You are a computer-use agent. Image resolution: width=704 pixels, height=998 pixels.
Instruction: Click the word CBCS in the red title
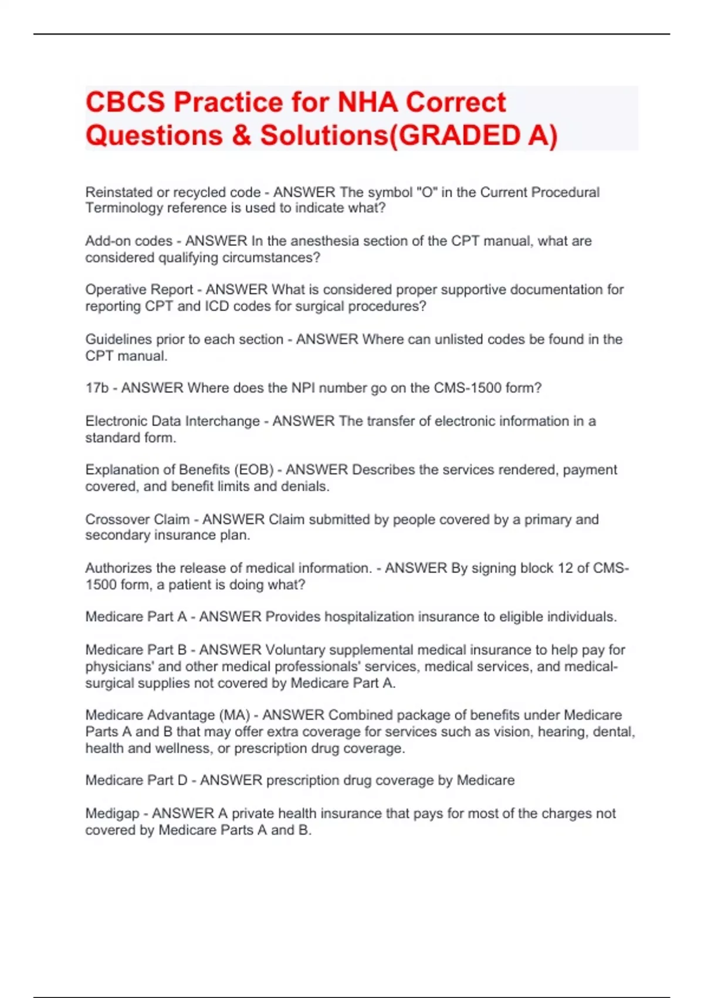click(x=125, y=102)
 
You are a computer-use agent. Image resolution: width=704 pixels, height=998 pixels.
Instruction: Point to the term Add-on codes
click(x=128, y=241)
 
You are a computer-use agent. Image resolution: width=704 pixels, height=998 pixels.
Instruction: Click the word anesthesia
click(x=325, y=241)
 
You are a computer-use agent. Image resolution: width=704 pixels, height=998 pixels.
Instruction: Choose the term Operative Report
click(x=139, y=289)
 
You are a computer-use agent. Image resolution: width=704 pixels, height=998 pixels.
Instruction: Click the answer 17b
click(x=97, y=388)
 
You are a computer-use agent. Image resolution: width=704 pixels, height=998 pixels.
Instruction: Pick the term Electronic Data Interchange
click(x=172, y=421)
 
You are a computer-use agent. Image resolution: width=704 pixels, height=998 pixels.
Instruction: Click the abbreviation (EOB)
click(x=254, y=470)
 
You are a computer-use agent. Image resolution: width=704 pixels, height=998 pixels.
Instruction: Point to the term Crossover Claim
click(x=137, y=519)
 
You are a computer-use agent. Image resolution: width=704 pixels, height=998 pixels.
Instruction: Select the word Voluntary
click(x=295, y=650)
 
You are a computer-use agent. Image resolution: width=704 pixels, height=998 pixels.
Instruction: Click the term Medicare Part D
click(x=136, y=780)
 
